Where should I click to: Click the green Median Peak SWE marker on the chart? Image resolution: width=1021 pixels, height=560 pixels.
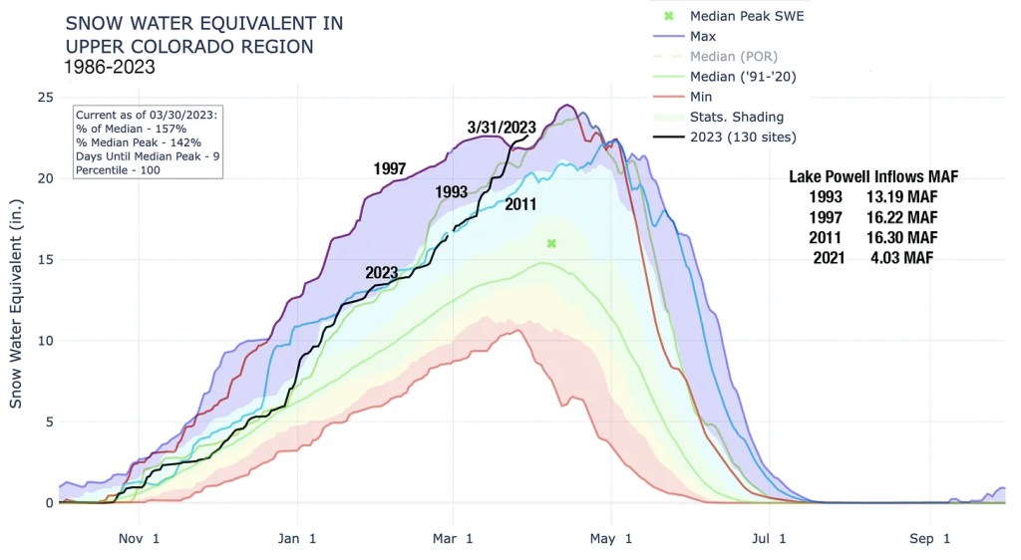coord(550,243)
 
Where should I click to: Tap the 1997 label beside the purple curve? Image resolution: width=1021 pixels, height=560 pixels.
coord(389,168)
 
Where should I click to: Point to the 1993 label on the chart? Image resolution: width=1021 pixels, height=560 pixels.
coord(452,191)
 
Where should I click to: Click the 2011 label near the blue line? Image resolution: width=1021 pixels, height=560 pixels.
coord(521,204)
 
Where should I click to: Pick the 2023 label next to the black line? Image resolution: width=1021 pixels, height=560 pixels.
coord(382,272)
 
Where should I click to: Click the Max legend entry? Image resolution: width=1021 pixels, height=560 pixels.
coord(703,37)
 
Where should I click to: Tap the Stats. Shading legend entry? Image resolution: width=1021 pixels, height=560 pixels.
coord(736,117)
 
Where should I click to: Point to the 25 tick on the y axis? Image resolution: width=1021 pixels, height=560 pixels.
coord(44,97)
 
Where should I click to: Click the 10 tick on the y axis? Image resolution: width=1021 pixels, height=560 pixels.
coord(44,341)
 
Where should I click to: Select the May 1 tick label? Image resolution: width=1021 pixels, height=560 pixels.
coord(612,539)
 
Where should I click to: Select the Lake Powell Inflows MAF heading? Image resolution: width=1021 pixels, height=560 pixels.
coord(873,176)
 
